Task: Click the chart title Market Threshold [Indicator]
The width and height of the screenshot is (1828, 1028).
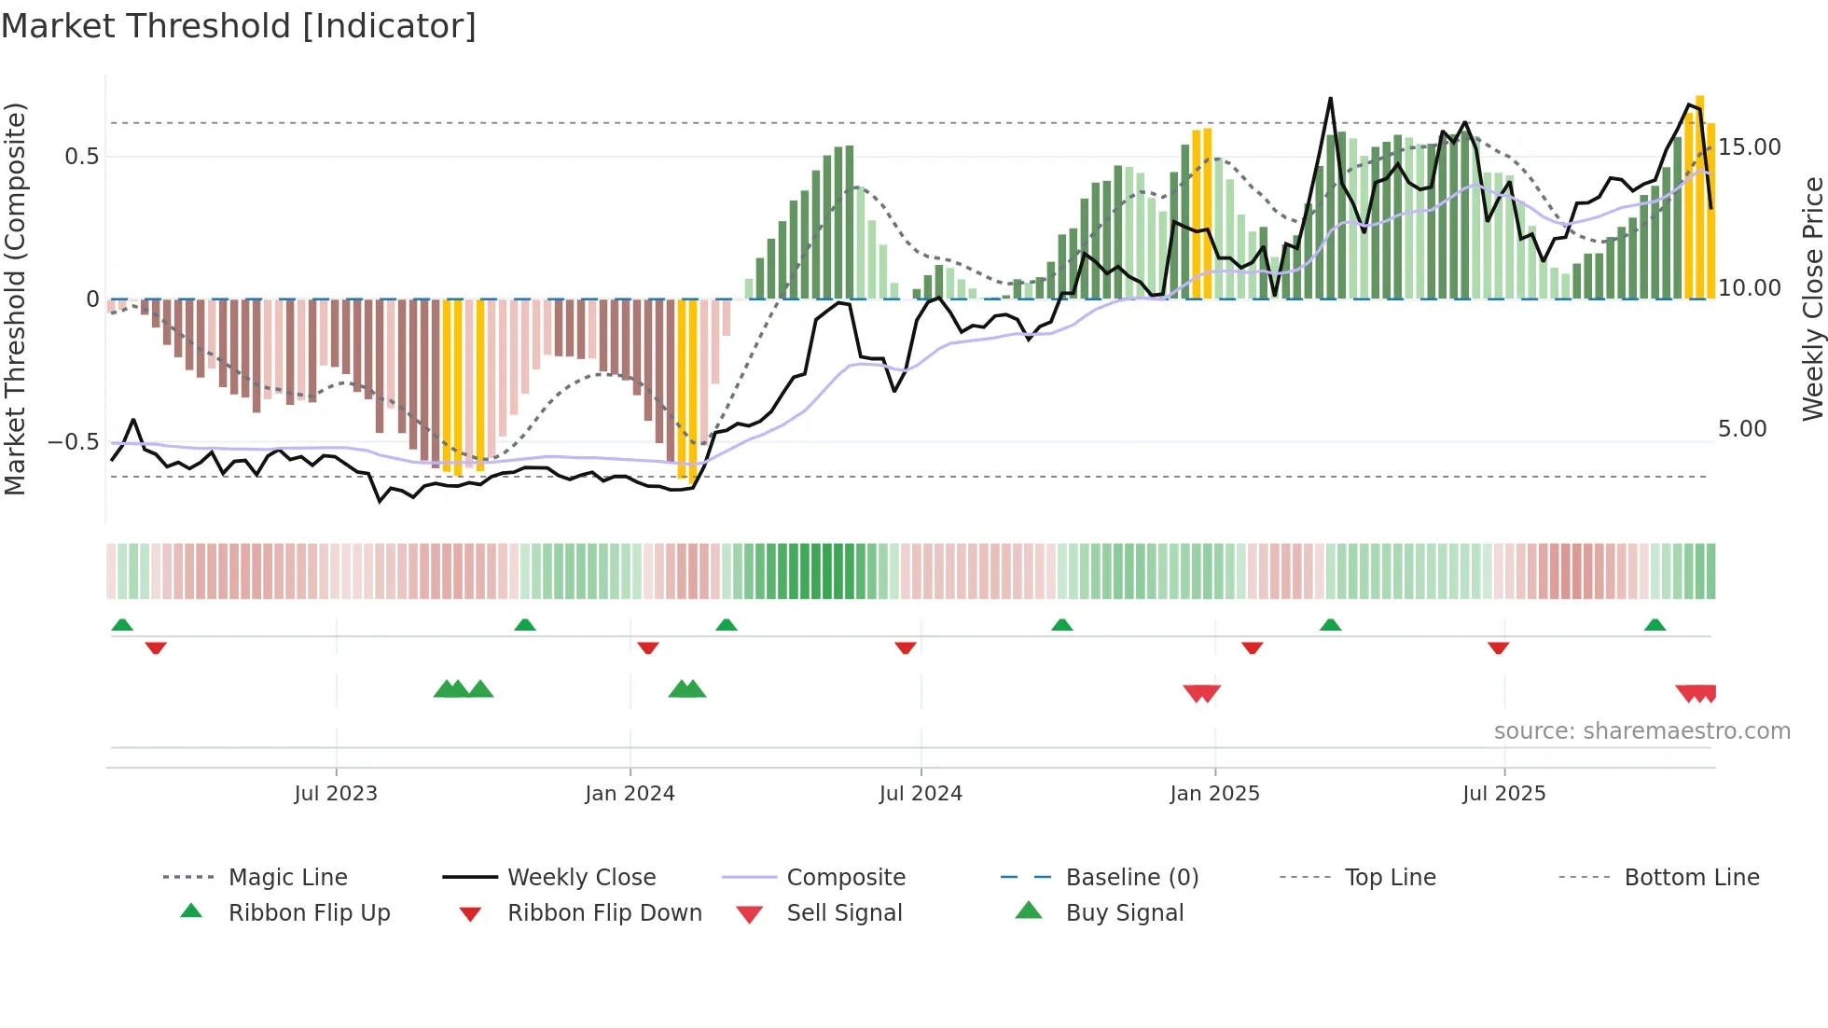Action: click(239, 26)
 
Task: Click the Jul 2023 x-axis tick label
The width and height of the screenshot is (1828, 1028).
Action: click(336, 794)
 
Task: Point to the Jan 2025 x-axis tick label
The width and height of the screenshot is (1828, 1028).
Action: click(1214, 794)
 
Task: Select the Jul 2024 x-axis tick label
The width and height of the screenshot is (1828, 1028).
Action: click(921, 794)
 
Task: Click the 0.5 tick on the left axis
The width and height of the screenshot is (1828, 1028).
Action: click(81, 157)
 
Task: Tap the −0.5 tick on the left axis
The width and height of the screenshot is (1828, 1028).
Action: click(73, 442)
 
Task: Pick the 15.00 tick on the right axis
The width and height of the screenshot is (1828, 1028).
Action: click(1750, 147)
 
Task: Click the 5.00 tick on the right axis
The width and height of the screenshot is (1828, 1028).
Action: click(1742, 429)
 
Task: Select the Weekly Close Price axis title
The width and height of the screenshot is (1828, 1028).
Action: click(1812, 299)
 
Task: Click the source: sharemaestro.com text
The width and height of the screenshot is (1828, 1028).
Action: click(1641, 731)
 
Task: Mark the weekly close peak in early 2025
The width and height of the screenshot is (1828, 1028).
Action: click(1330, 98)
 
